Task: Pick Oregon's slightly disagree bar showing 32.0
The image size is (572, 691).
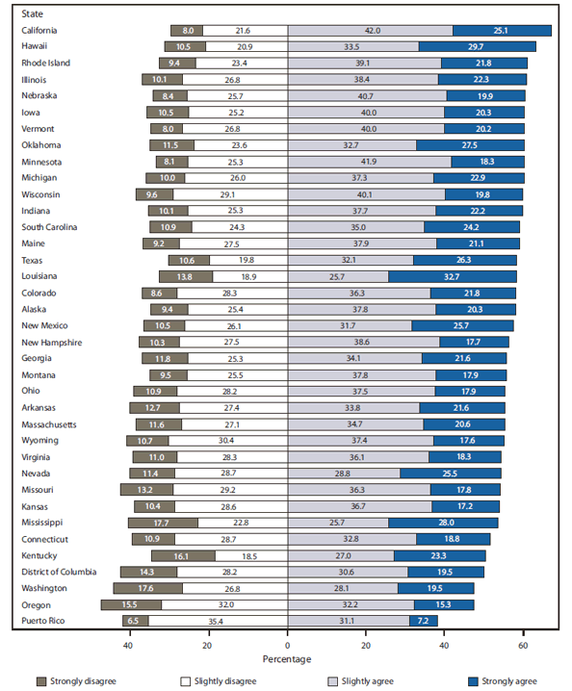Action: pos(224,604)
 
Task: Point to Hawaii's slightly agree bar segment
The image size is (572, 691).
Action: pos(352,46)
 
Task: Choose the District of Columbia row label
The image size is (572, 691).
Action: pos(60,572)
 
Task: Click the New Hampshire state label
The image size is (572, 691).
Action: pos(52,342)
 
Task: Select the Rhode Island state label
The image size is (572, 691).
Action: pos(45,64)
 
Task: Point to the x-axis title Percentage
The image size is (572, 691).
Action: pos(286,659)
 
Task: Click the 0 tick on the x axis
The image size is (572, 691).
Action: pos(287,645)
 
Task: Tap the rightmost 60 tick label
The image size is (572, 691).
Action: pos(524,645)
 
